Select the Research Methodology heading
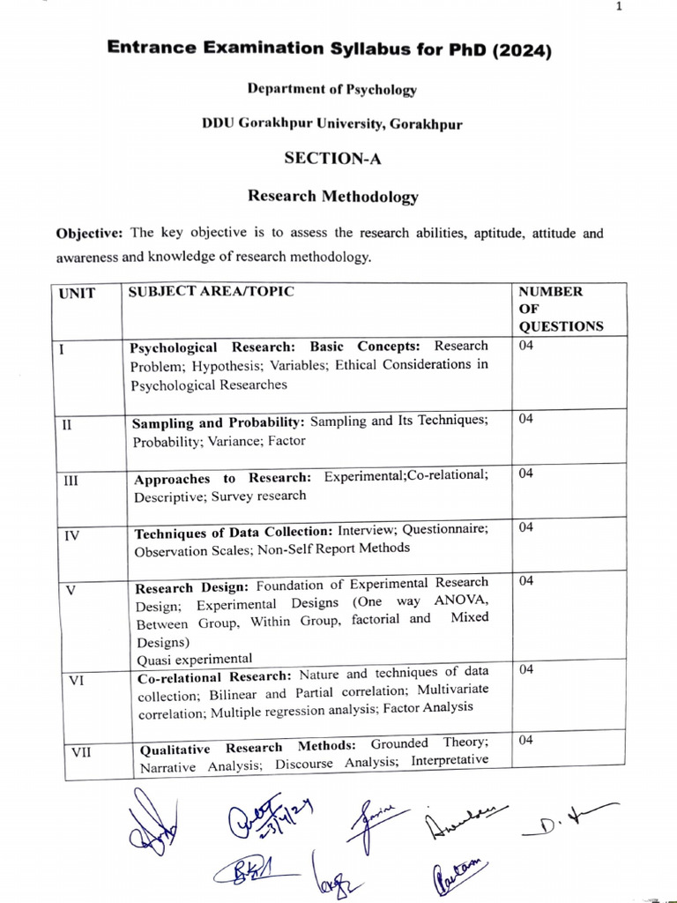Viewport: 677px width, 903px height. (x=333, y=196)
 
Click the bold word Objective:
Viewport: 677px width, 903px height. (x=91, y=234)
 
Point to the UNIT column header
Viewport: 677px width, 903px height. (x=77, y=292)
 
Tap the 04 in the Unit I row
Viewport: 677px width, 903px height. (x=526, y=346)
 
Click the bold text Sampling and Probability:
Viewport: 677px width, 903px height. (x=219, y=423)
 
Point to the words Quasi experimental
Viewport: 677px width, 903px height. (x=194, y=658)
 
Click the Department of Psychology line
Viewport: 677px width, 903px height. (x=332, y=89)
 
